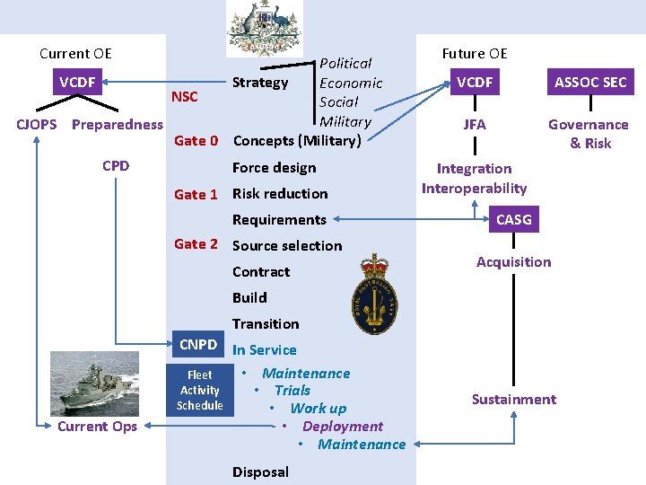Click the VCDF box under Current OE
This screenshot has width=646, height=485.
point(77,83)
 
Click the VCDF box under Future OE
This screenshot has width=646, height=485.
point(475,83)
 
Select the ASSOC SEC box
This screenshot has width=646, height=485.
point(590,83)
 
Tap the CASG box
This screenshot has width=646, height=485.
point(513,219)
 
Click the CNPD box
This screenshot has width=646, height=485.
point(198,345)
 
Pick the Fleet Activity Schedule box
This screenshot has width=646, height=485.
point(199,391)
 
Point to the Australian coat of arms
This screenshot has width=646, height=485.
point(265,29)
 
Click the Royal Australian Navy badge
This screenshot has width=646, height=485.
point(378,290)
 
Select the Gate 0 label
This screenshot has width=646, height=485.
point(196,140)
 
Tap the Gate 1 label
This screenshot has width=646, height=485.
point(196,194)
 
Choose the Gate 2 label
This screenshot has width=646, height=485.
point(196,243)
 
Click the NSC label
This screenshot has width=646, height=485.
point(184,97)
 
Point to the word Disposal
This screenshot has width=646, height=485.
point(260,472)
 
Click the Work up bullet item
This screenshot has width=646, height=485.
point(318,408)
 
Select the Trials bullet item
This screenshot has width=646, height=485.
point(292,390)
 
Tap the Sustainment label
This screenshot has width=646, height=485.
point(514,399)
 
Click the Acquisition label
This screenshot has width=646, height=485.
point(513,261)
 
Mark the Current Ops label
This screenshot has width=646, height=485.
point(97,426)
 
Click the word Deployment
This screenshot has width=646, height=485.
point(343,426)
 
